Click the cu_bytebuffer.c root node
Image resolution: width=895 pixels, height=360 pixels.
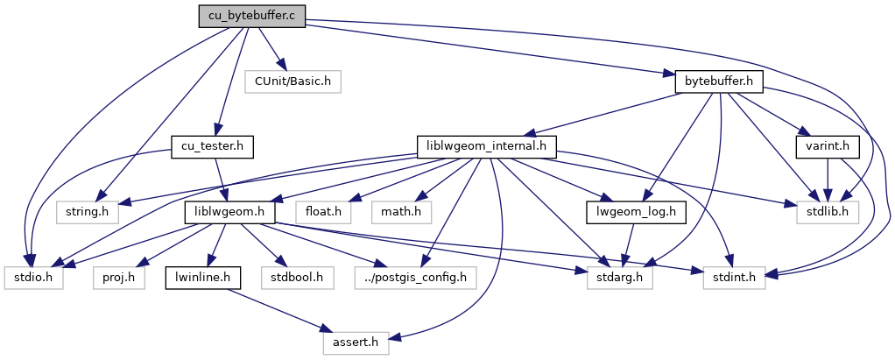pos(252,17)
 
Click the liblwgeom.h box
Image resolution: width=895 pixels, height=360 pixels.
pos(229,211)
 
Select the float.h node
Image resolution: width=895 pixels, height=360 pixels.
pos(323,211)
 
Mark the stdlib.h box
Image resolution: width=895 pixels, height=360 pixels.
pos(828,211)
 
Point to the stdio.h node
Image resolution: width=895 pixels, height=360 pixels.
pos(32,278)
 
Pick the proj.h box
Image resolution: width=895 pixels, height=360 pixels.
pos(117,278)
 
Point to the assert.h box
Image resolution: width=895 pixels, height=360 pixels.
pos(356,342)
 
